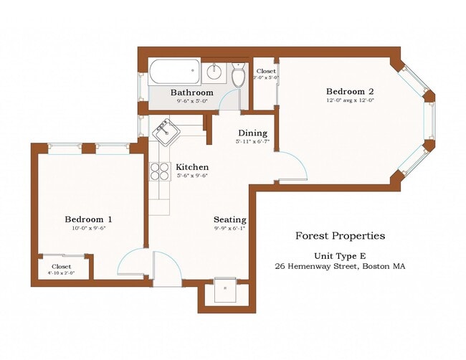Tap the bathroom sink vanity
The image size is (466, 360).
coord(213,72)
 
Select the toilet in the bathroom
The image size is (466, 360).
coord(239,74)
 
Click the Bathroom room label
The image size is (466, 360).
coord(191,93)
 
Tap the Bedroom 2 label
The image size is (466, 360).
coord(351,91)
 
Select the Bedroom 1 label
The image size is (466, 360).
coord(88,219)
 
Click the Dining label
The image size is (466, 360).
coord(252,133)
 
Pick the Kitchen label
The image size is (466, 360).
coord(192,166)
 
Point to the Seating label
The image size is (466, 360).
coord(229,219)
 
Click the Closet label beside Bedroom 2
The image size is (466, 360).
coord(266,71)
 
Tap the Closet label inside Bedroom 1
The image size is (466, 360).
coord(60,266)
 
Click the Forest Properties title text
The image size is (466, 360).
coord(340,236)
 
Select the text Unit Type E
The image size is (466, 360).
coord(340,256)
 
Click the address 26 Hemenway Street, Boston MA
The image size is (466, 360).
coord(340,266)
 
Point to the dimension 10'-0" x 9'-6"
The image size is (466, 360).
coord(88,229)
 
